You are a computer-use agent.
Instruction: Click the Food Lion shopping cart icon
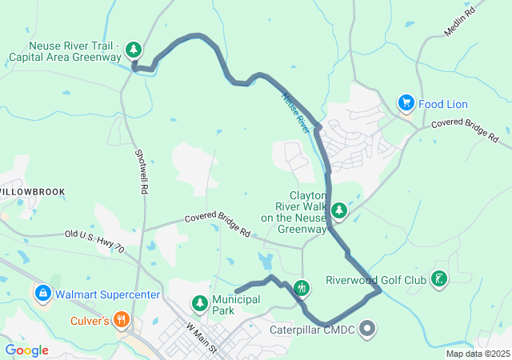(406, 103)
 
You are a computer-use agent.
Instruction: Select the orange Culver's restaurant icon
(122, 321)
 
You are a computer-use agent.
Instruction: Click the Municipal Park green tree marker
(199, 302)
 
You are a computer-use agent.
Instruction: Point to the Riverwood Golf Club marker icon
(438, 279)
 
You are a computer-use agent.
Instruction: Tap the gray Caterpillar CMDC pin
(367, 327)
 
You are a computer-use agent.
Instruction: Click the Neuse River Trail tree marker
(134, 50)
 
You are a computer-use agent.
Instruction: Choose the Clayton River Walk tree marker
(339, 210)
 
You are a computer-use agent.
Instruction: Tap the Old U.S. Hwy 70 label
(94, 241)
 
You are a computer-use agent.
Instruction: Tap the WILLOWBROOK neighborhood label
(32, 193)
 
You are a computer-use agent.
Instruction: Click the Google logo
(27, 350)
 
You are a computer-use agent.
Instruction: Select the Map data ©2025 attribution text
(477, 354)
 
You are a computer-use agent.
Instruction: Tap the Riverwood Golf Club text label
(376, 281)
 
